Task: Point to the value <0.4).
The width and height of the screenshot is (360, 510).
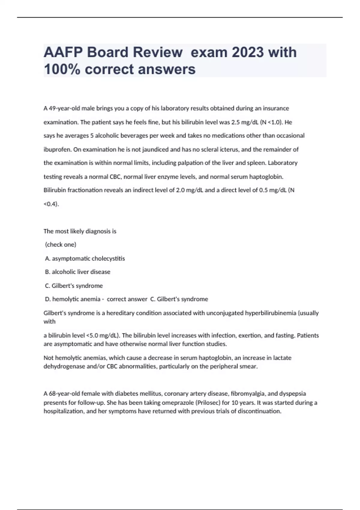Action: pyautogui.click(x=51, y=204)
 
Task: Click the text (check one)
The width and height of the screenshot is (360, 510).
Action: pyautogui.click(x=61, y=244)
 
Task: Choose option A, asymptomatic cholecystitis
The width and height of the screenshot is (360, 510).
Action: pyautogui.click(x=85, y=258)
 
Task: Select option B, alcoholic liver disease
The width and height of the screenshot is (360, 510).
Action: pyautogui.click(x=78, y=272)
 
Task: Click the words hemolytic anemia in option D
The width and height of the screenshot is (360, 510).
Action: pyautogui.click(x=76, y=299)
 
